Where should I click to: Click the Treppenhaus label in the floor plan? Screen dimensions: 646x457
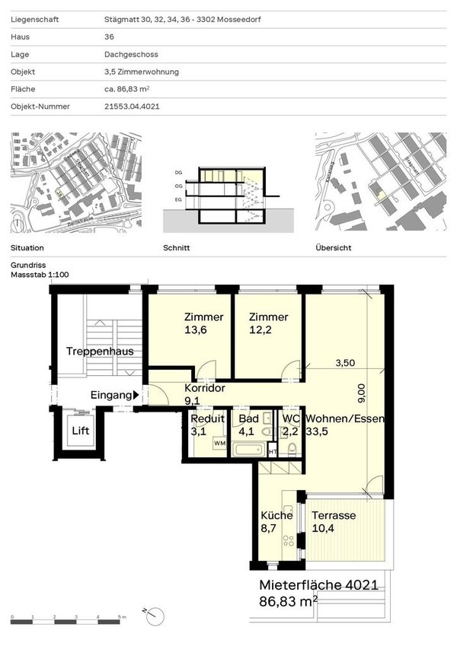tap(100, 352)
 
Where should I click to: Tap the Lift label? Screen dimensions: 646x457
tap(81, 431)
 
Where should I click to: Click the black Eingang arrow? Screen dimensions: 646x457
tap(136, 395)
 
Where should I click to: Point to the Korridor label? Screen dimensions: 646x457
tap(204, 387)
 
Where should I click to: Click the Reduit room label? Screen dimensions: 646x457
tap(208, 419)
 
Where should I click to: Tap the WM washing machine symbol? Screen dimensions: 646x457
tap(219, 442)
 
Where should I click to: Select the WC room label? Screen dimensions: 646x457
tap(291, 419)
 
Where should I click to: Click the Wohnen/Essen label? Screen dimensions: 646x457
tap(344, 419)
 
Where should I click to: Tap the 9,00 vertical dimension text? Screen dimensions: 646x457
tap(362, 392)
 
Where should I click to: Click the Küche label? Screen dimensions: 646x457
tap(276, 515)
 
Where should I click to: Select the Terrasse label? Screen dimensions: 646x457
tap(334, 515)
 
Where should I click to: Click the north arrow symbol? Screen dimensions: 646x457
tap(150, 613)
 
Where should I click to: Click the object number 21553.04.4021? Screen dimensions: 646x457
tap(132, 107)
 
